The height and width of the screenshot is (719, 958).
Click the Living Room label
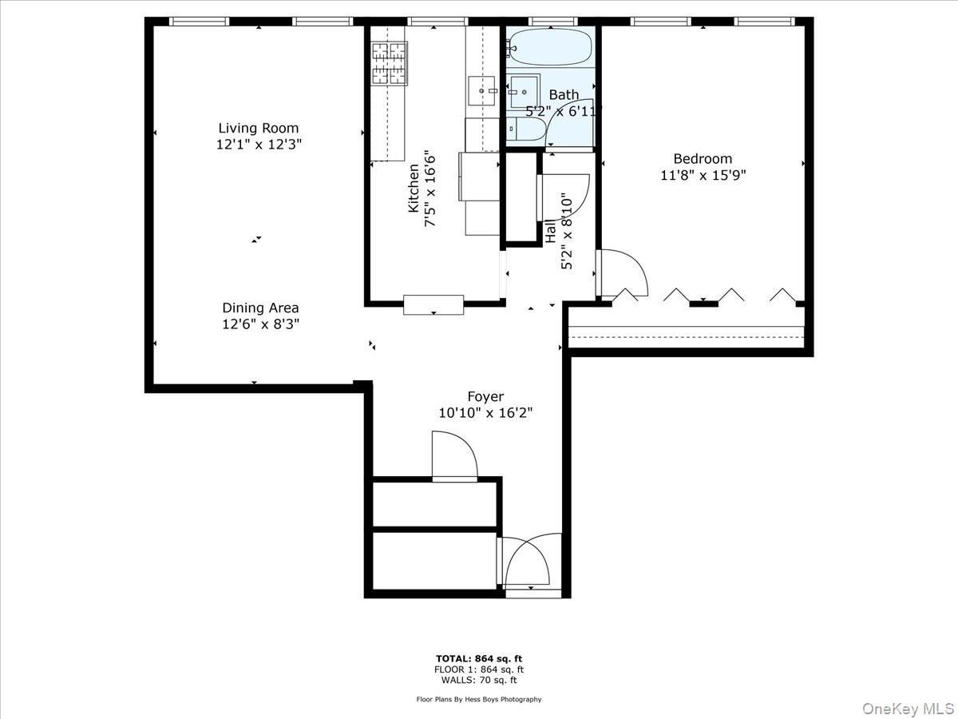click(259, 128)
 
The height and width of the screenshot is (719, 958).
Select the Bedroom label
click(703, 158)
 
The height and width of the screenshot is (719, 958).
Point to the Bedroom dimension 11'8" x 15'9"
click(703, 175)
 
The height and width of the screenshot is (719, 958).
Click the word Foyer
click(485, 396)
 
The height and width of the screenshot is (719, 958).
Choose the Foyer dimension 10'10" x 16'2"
click(485, 413)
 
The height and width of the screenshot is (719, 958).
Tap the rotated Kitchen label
click(414, 189)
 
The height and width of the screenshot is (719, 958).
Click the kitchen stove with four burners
click(389, 63)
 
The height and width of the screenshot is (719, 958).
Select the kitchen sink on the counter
click(481, 91)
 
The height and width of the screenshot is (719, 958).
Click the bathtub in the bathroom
click(549, 48)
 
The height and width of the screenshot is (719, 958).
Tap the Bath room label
click(564, 95)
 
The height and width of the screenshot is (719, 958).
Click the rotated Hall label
click(551, 231)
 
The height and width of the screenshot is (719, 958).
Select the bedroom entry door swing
click(623, 276)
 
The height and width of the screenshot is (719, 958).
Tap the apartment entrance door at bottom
click(527, 563)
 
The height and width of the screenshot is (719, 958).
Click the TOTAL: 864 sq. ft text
click(479, 657)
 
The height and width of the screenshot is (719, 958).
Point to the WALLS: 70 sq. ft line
click(479, 681)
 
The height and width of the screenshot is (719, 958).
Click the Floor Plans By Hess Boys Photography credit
click(479, 699)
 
